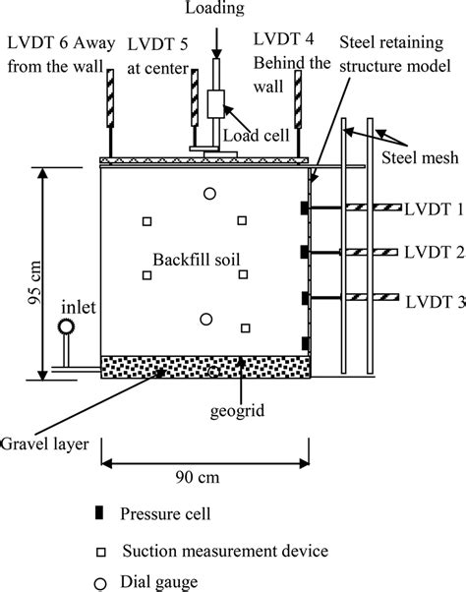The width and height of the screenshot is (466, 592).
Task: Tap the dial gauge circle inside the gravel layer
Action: click(213, 373)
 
